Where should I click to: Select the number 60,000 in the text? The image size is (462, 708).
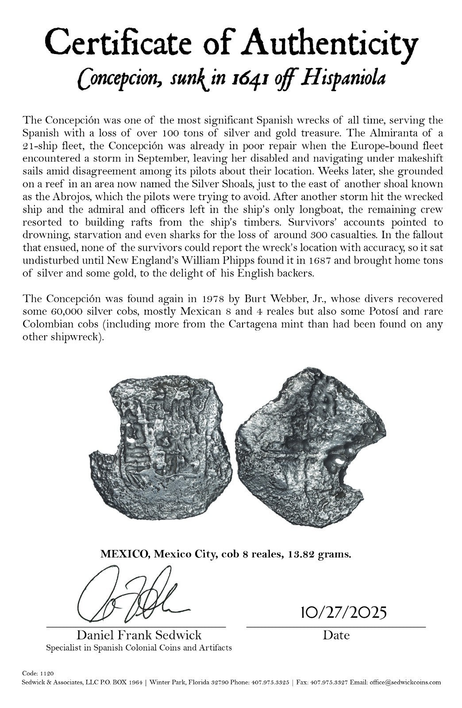tap(66, 312)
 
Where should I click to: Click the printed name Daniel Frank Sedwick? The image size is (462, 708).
tap(139, 635)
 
